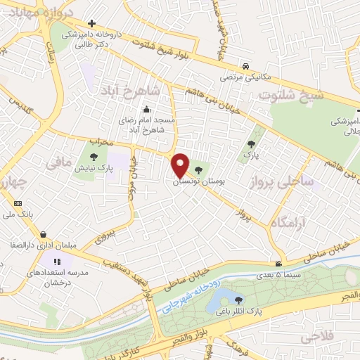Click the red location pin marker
(180, 165)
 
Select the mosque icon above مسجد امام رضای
(146, 110)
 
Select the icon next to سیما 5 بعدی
(279, 264)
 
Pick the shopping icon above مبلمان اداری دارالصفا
(44, 235)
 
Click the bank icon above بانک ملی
(18, 204)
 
